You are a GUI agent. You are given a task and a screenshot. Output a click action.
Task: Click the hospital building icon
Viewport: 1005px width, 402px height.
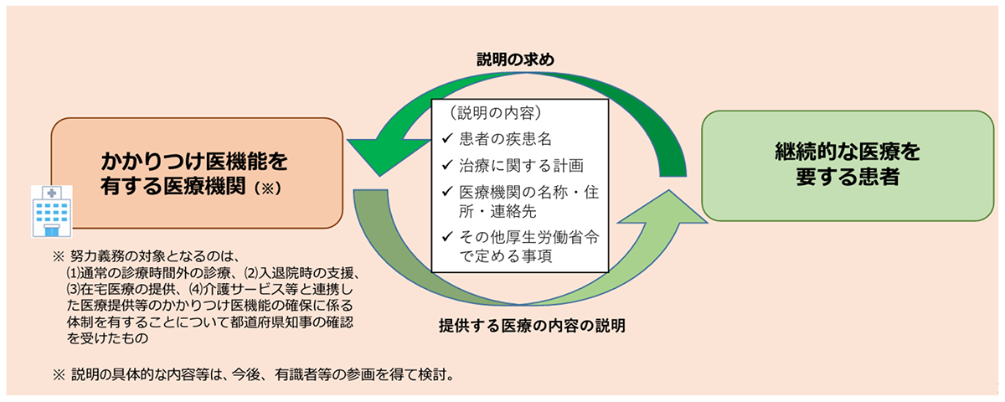tap(52, 211)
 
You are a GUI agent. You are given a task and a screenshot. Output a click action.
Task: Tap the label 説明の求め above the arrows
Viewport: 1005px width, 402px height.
tap(515, 59)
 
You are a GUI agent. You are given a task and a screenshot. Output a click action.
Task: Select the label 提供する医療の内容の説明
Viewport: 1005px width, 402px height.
tap(532, 326)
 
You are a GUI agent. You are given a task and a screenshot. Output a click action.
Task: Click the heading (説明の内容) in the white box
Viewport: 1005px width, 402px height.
tap(495, 112)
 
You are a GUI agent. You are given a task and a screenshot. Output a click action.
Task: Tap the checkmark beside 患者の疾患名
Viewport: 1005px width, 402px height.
tap(447, 138)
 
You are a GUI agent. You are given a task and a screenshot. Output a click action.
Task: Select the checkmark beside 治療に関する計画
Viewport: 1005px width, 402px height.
tap(447, 165)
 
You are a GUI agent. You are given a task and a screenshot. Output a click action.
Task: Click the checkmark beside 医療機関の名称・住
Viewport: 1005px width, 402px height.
tap(447, 192)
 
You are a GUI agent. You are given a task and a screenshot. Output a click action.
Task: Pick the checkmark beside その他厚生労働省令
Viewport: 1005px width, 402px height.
tap(447, 236)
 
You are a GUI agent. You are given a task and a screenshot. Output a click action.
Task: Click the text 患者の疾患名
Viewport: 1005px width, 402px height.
tap(505, 139)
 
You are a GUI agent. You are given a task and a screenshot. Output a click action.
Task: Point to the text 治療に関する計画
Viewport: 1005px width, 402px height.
tap(521, 166)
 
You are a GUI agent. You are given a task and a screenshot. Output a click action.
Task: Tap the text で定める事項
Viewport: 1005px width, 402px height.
tap(505, 255)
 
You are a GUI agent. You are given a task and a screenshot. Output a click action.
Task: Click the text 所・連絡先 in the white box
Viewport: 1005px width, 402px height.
tap(497, 211)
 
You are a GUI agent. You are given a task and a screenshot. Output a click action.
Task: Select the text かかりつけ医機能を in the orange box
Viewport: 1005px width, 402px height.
tap(193, 161)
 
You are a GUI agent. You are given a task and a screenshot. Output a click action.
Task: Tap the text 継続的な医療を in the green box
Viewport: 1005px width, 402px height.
tap(848, 152)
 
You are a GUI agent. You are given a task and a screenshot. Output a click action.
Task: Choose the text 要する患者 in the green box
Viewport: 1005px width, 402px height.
tap(848, 177)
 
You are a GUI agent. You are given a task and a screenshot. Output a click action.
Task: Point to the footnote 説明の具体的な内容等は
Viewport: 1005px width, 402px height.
tap(254, 374)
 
